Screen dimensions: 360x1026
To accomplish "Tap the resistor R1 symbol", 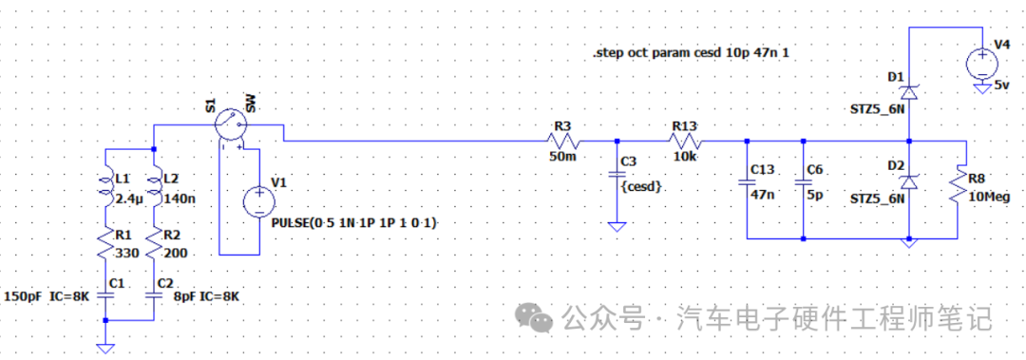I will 106,244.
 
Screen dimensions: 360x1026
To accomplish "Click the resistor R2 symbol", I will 154,244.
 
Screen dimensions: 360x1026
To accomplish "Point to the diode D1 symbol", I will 909,92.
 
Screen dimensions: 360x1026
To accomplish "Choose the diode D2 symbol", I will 909,181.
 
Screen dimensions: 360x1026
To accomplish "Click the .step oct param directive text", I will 691,55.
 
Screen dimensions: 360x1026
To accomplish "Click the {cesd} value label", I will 641,187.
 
